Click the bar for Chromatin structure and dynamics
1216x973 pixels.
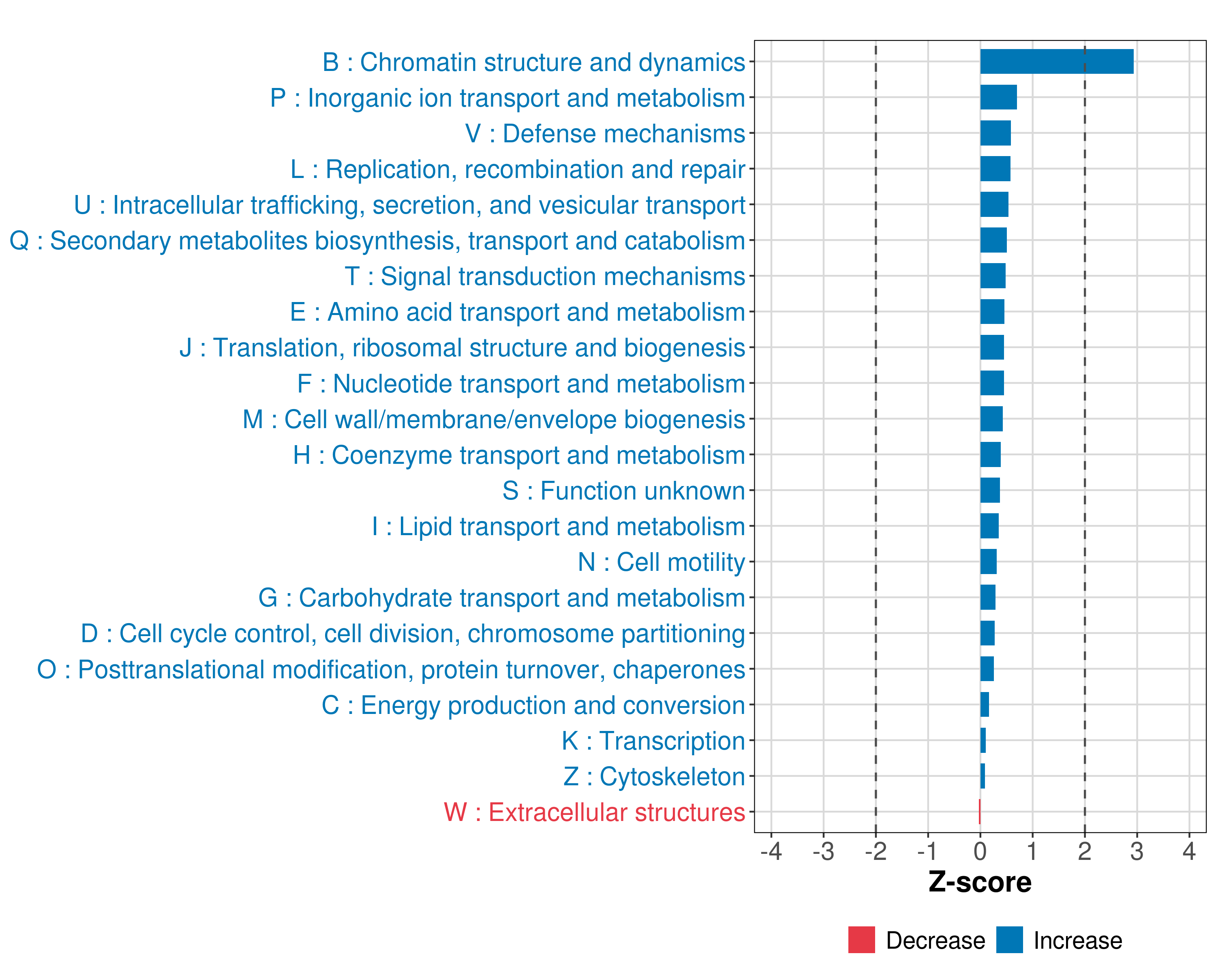pyautogui.click(x=1056, y=62)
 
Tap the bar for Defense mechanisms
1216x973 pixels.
pyautogui.click(x=995, y=133)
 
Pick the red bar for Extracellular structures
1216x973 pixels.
pyautogui.click(x=980, y=812)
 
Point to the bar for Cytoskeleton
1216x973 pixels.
pyautogui.click(x=983, y=776)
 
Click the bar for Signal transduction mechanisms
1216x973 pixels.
pyautogui.click(x=993, y=276)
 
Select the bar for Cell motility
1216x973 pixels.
pyautogui.click(x=988, y=562)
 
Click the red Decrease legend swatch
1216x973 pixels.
pyautogui.click(x=861, y=940)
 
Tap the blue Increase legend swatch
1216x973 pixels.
pyautogui.click(x=1009, y=940)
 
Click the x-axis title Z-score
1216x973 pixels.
pyautogui.click(x=980, y=882)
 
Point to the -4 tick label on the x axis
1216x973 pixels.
pyautogui.click(x=771, y=851)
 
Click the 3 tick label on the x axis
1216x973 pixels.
pyautogui.click(x=1137, y=851)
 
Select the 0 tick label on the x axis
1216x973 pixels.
pyautogui.click(x=980, y=851)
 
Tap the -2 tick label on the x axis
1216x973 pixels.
pyautogui.click(x=876, y=851)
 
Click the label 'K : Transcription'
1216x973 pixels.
pyautogui.click(x=653, y=741)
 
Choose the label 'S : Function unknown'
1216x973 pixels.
pyautogui.click(x=623, y=491)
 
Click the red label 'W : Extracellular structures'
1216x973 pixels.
pyautogui.click(x=595, y=812)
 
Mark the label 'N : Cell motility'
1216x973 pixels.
pyautogui.click(x=661, y=562)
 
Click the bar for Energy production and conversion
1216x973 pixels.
pyautogui.click(x=984, y=705)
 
